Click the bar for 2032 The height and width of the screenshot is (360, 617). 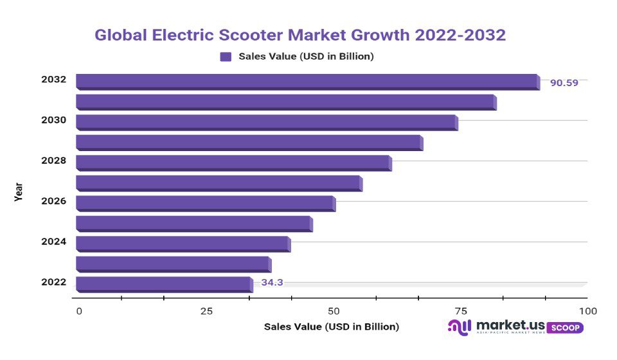click(x=307, y=81)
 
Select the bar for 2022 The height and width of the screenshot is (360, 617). click(x=163, y=283)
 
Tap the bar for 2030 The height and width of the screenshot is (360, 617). click(x=266, y=122)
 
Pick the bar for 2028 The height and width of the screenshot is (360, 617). click(x=233, y=162)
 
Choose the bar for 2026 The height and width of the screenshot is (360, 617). click(x=205, y=203)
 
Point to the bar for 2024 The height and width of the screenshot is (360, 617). click(x=183, y=243)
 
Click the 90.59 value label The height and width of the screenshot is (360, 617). click(x=564, y=82)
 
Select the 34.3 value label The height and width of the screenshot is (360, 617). click(x=272, y=282)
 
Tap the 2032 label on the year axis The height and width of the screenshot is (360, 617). click(x=53, y=80)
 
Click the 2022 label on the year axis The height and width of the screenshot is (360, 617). click(x=53, y=282)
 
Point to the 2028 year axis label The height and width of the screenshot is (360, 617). click(x=53, y=161)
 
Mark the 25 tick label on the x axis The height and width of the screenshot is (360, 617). click(x=206, y=311)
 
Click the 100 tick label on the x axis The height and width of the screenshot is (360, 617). click(x=587, y=311)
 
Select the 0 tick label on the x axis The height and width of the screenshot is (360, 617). click(x=79, y=311)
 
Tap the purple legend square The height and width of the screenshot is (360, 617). click(x=226, y=57)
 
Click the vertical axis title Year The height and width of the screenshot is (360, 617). click(x=19, y=191)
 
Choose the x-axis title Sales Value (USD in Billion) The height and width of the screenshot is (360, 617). click(x=332, y=327)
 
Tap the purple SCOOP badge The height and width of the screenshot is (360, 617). click(x=565, y=327)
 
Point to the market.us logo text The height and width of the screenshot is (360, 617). click(x=510, y=325)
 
